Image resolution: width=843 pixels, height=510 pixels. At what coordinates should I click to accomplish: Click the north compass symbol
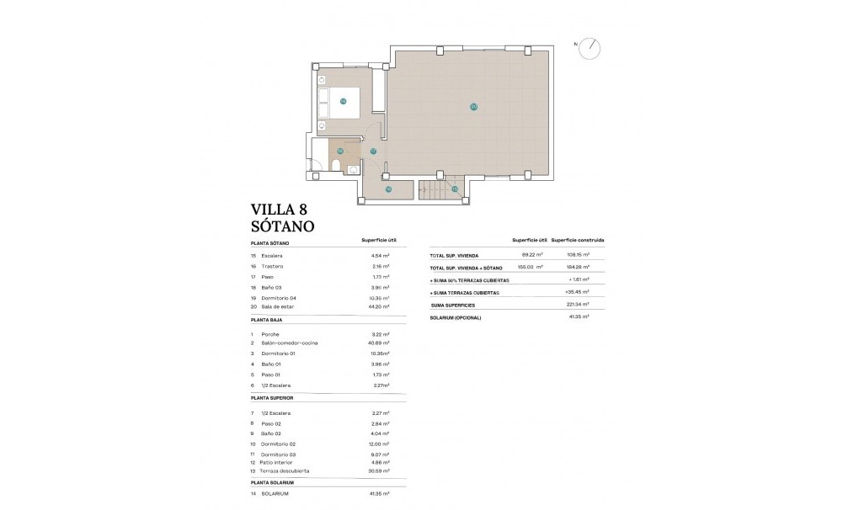click(x=593, y=47)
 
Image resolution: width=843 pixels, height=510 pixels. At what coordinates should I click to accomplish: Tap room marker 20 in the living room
click(x=473, y=107)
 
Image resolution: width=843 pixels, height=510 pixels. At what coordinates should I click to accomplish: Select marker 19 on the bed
click(x=344, y=101)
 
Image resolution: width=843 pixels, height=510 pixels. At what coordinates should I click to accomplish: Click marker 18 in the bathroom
click(x=340, y=151)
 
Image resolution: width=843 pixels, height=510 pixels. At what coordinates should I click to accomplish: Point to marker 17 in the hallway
click(x=373, y=151)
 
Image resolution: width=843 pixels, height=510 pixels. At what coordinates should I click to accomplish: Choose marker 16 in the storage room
click(x=388, y=189)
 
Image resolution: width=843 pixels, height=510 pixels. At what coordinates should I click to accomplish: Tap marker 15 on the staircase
click(x=454, y=189)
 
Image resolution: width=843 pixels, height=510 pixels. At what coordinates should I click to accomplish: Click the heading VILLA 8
click(x=284, y=210)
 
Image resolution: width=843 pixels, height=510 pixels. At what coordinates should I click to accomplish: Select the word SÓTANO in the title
click(x=283, y=226)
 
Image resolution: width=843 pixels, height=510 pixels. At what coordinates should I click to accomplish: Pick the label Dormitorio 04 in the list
click(x=279, y=298)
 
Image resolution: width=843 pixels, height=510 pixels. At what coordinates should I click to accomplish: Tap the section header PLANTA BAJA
click(x=267, y=321)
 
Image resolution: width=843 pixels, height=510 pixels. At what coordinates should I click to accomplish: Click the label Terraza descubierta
click(x=285, y=471)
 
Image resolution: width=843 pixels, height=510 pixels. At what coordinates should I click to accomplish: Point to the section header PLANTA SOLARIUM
click(x=272, y=482)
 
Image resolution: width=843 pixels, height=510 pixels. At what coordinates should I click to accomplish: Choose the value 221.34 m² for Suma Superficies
click(x=577, y=304)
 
